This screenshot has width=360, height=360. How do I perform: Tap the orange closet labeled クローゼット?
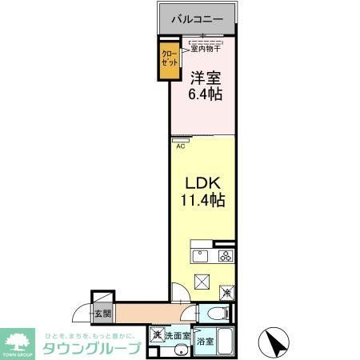click(170, 60)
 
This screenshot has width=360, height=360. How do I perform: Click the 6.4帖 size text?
click(206, 94)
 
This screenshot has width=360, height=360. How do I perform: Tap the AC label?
click(180, 146)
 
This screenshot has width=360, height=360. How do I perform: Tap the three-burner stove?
click(225, 256)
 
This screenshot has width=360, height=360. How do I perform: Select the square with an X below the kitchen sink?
click(201, 282)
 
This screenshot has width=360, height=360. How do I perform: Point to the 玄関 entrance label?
click(102, 314)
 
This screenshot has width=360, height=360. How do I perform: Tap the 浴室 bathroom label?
click(206, 341)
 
